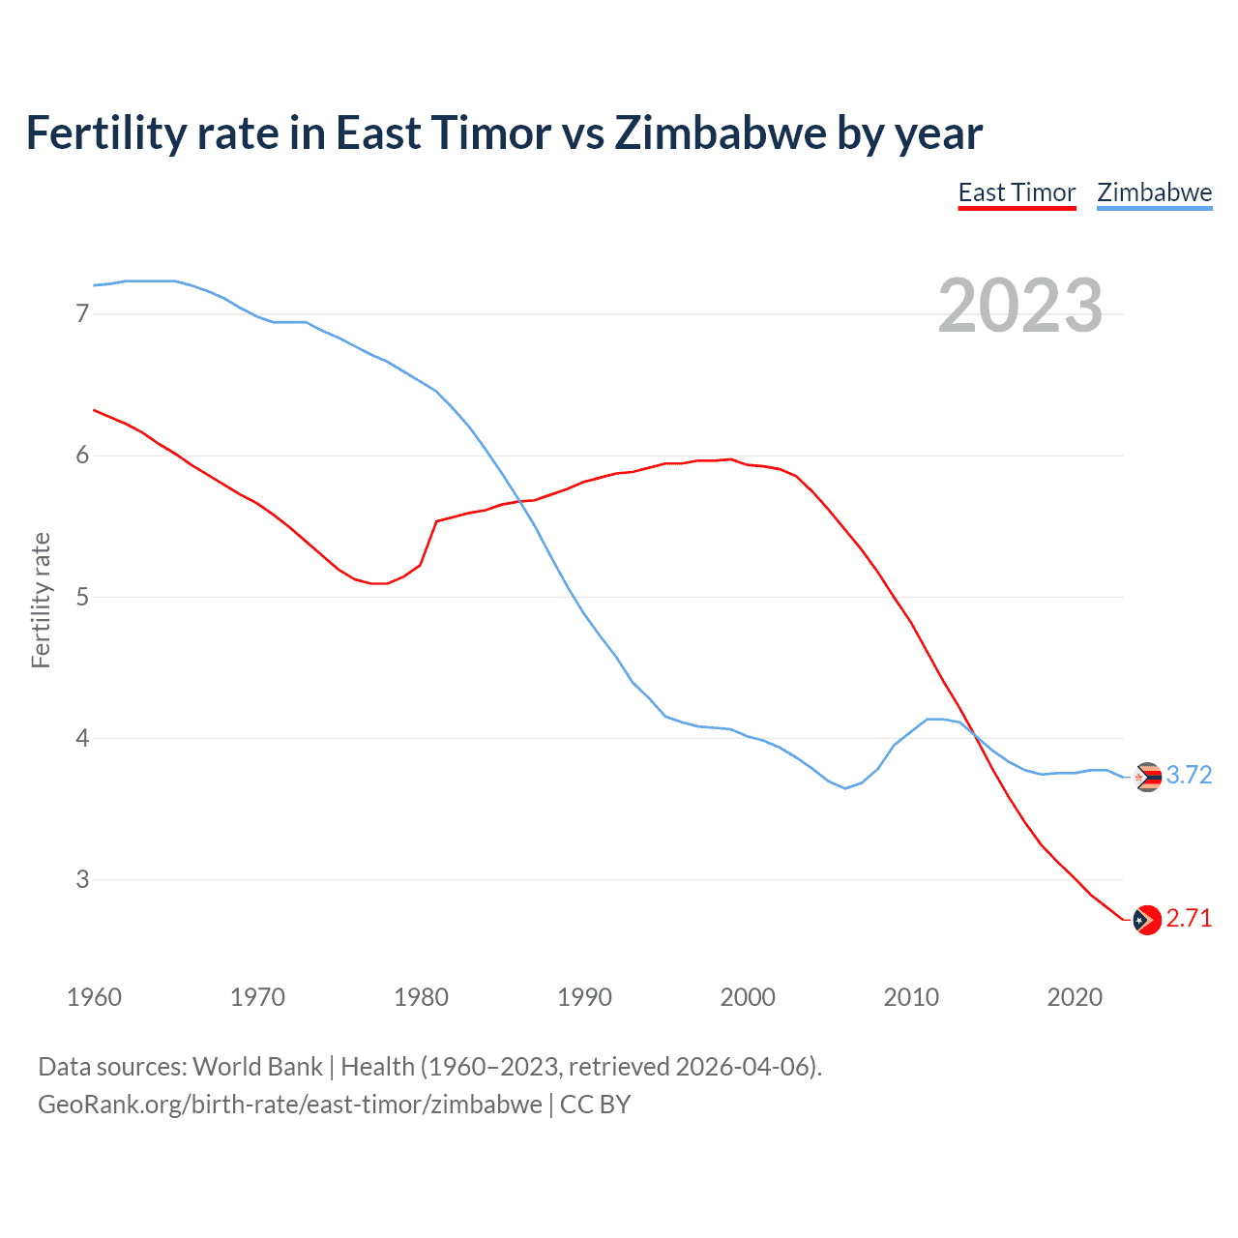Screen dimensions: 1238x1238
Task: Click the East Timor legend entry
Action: pyautogui.click(x=1017, y=192)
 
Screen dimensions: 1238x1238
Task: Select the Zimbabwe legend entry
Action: pyautogui.click(x=1154, y=192)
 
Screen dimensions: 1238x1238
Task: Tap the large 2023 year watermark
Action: pyautogui.click(x=1020, y=306)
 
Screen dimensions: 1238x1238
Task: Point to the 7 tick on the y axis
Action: pyautogui.click(x=82, y=313)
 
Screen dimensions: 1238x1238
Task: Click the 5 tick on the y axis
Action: pyautogui.click(x=82, y=597)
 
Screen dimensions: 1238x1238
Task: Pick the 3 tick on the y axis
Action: pyautogui.click(x=82, y=879)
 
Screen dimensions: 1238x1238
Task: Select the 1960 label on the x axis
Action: pyautogui.click(x=94, y=997)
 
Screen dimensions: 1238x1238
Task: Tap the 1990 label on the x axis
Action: pyautogui.click(x=584, y=997)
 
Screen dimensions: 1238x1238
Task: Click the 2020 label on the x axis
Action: pyautogui.click(x=1075, y=997)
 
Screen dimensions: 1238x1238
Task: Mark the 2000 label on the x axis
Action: pyautogui.click(x=748, y=997)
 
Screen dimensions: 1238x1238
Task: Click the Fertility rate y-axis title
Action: pyautogui.click(x=41, y=600)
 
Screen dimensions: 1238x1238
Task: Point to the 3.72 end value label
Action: pyautogui.click(x=1189, y=776)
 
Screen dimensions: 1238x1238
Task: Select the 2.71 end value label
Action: pyautogui.click(x=1189, y=919)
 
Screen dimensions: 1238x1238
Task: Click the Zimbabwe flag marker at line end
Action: pyautogui.click(x=1147, y=777)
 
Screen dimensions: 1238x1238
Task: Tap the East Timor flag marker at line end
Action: pyautogui.click(x=1147, y=920)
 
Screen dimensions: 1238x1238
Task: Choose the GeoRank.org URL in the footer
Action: pyautogui.click(x=290, y=1105)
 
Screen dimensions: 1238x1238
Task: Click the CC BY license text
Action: pyautogui.click(x=596, y=1105)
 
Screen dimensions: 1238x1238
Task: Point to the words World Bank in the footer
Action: pyautogui.click(x=257, y=1067)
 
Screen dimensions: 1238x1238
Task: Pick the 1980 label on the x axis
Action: pyautogui.click(x=421, y=997)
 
